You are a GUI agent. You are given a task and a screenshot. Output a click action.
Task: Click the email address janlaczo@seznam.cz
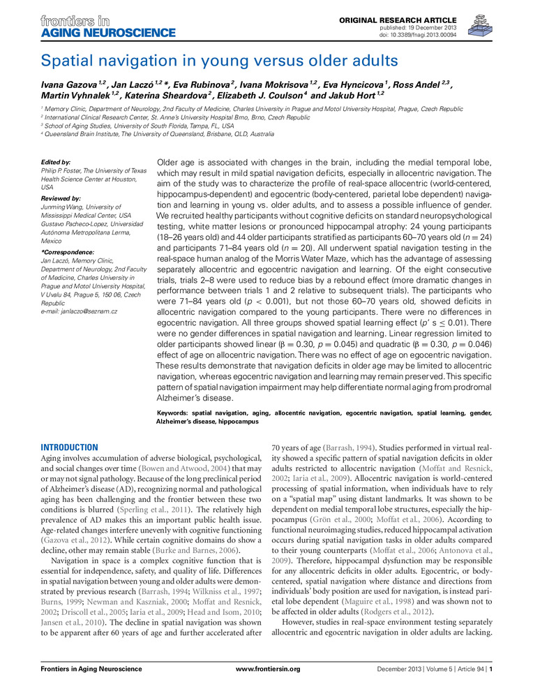tap(79, 310)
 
